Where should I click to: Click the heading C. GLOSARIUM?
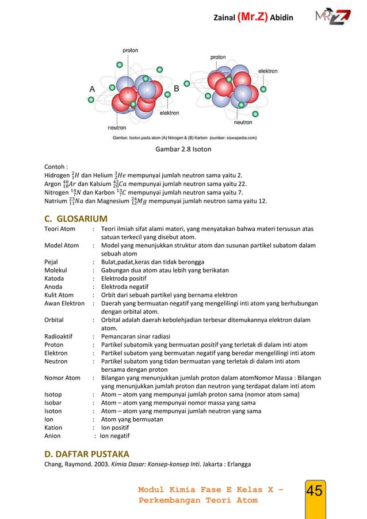pos(76,218)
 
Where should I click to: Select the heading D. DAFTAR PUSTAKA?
pos(87,453)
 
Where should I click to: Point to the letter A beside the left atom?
pos(92,89)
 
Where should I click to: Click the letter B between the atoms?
pos(177,89)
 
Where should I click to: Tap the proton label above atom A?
pos(130,51)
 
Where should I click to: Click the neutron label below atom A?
pos(117,127)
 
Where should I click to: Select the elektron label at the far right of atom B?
pos(268,71)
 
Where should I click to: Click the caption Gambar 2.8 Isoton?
pos(183,150)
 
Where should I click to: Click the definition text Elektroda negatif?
pos(125,286)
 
